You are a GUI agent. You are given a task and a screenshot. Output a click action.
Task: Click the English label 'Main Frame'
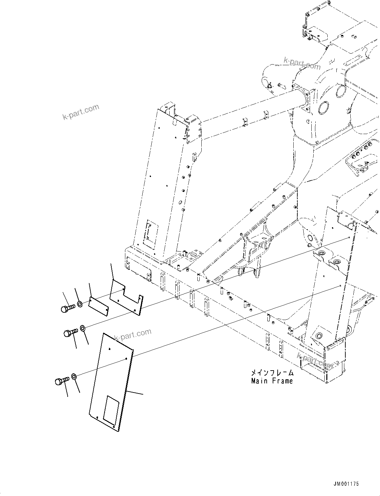[272, 381]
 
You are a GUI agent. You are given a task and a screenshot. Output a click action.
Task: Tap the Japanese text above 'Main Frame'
[272, 373]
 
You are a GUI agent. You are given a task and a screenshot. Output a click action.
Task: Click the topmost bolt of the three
[68, 308]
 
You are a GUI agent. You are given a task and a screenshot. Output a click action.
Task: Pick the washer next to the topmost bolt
[80, 304]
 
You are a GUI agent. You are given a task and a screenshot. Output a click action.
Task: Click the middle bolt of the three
[70, 332]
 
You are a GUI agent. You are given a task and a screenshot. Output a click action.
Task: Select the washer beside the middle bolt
[83, 329]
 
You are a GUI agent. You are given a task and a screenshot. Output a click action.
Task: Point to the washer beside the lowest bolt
[74, 377]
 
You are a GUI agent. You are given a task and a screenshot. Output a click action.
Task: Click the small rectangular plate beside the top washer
[98, 305]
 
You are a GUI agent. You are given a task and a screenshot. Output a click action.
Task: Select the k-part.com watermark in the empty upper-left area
[81, 111]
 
